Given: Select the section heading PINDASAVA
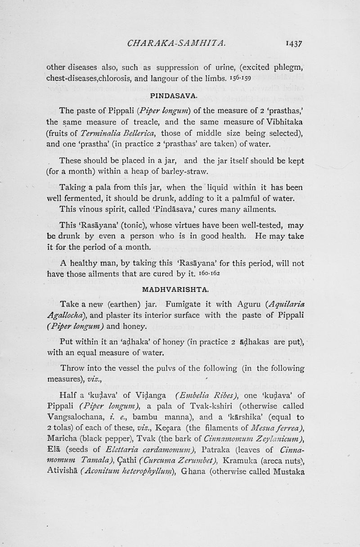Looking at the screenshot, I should [172, 95].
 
